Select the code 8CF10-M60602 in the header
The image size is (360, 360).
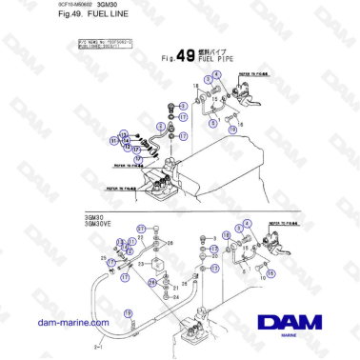tap(36, 7)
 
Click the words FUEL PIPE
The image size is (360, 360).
tap(211, 58)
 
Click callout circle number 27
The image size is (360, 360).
tap(141, 230)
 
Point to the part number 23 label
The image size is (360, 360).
tap(140, 264)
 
